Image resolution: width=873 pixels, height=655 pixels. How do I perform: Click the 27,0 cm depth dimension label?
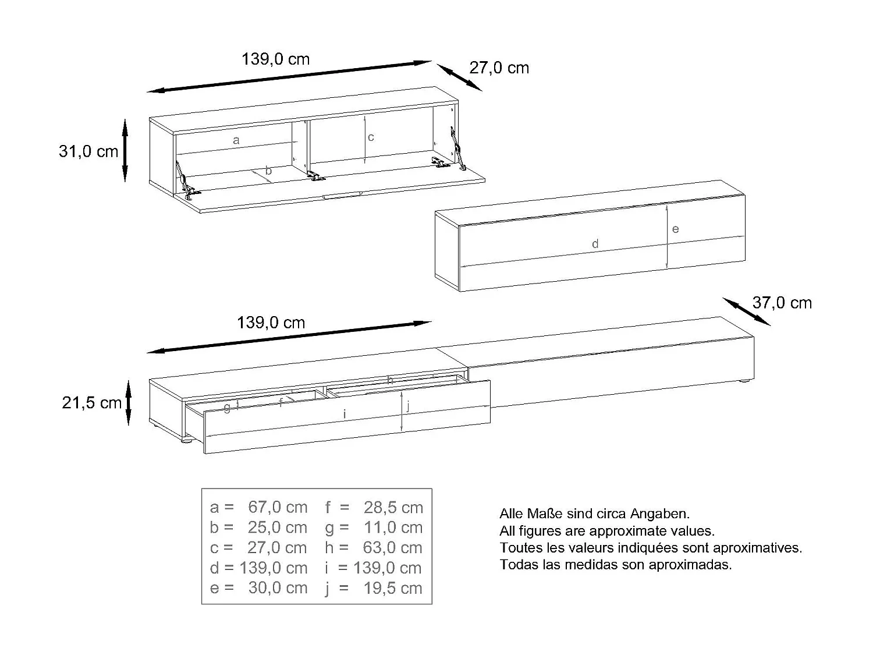(499, 68)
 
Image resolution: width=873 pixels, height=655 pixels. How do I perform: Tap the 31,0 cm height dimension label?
(88, 151)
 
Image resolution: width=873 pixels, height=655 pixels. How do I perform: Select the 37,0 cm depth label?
(782, 303)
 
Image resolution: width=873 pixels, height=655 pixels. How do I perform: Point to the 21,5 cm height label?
(91, 403)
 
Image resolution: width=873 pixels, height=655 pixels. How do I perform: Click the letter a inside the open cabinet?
(236, 140)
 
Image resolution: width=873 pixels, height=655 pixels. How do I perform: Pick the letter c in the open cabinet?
(371, 137)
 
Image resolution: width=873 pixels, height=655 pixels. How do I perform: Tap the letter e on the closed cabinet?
(675, 229)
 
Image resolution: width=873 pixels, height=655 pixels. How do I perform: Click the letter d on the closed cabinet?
(595, 244)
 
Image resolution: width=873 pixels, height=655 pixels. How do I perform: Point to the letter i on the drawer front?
(345, 415)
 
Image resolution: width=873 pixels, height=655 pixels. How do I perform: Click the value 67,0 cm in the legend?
(278, 507)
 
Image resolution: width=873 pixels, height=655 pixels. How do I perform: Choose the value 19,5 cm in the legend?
(393, 588)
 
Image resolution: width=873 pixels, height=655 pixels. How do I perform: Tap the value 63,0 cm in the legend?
(393, 548)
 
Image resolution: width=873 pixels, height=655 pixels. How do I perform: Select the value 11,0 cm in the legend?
(393, 527)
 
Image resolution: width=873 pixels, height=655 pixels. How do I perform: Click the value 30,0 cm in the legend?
(278, 588)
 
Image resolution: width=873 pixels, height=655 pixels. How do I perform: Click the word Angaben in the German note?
(660, 514)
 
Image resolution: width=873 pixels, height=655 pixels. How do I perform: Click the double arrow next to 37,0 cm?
(747, 311)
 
